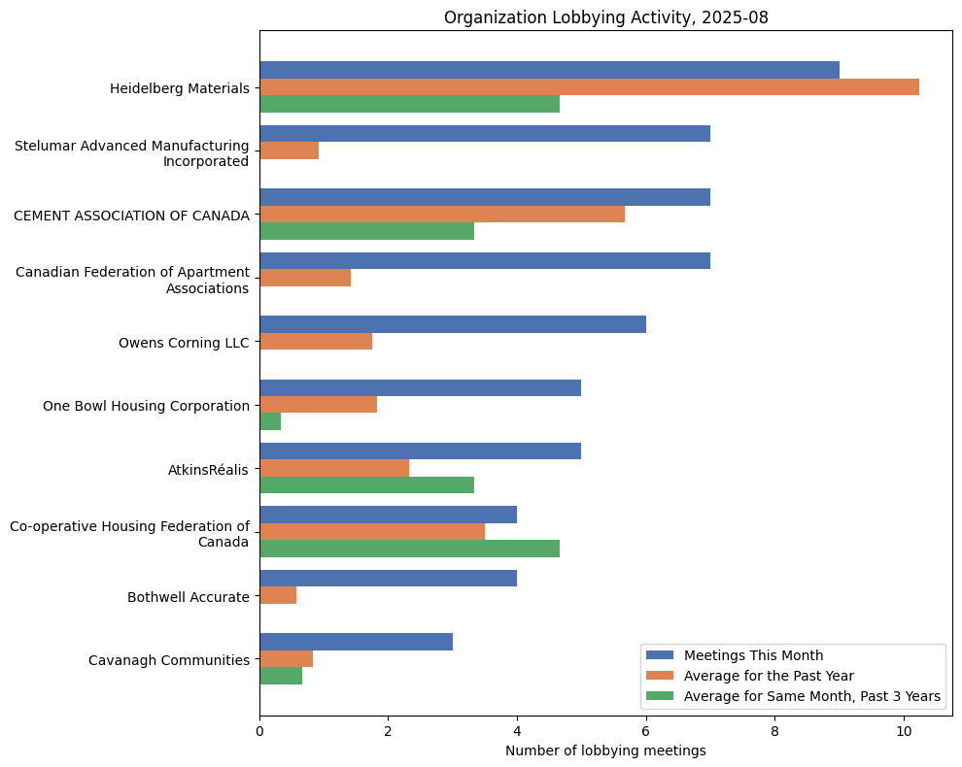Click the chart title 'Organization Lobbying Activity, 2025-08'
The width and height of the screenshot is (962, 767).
pos(605,17)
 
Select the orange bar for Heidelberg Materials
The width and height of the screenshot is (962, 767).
pos(589,87)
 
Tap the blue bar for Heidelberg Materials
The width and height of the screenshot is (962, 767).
pos(549,70)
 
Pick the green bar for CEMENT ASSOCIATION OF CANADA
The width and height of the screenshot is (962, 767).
pos(366,231)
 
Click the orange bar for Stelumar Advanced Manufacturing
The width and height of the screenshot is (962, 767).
pos(289,150)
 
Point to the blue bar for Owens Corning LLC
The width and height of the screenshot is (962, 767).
pos(452,324)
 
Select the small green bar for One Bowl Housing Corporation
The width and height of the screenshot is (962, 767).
pos(270,422)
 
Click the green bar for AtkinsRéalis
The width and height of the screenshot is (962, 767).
pos(366,485)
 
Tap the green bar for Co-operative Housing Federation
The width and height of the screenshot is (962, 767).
pos(409,549)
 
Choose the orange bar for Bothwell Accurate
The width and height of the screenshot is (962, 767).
pos(278,595)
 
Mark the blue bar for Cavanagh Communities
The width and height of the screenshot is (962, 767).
pos(356,642)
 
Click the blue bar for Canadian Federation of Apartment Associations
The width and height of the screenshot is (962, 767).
pos(484,260)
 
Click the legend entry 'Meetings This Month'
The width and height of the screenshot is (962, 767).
pos(753,654)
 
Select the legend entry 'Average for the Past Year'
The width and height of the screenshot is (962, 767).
pos(768,675)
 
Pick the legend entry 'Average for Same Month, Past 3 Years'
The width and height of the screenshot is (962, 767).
pos(811,695)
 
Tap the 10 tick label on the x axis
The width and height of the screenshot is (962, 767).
pos(904,731)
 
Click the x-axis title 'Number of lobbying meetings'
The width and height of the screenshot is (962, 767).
pos(605,750)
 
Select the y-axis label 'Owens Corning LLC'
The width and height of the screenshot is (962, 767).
pos(184,342)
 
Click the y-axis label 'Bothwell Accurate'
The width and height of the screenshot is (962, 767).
pos(188,597)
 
